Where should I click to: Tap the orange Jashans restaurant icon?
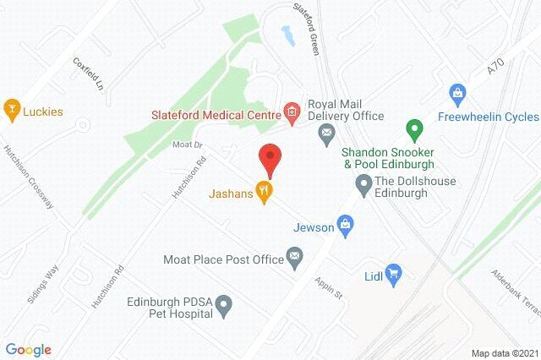[265, 192]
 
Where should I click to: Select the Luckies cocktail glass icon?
[12, 109]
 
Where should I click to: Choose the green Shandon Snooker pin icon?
[413, 130]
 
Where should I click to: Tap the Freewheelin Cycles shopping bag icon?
[457, 91]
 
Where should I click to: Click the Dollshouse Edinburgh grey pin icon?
[363, 183]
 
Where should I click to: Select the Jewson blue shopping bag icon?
[344, 224]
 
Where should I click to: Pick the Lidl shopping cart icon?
[393, 272]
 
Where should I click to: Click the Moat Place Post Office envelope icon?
[294, 256]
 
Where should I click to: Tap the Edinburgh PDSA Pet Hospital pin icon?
[224, 304]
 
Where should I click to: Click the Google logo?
[28, 350]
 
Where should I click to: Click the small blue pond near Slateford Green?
[287, 35]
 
